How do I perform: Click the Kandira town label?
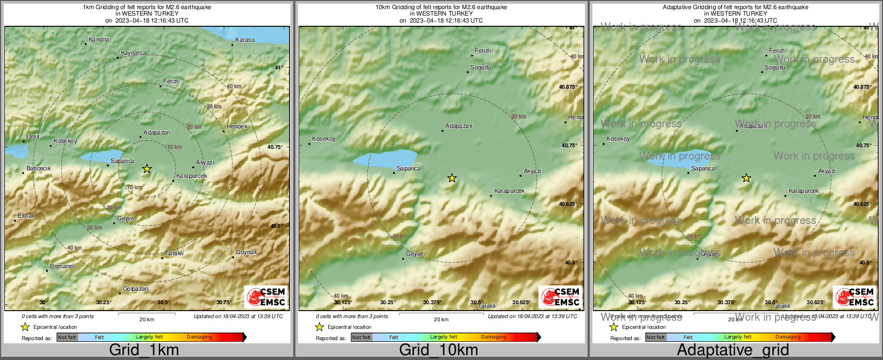99,39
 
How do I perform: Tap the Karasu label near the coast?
245,40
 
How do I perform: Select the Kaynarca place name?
133,53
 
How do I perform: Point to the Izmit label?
33,137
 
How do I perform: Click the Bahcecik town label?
39,169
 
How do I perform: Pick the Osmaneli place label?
62,267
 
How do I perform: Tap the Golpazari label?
136,289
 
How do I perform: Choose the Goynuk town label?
247,253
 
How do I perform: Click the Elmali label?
26,216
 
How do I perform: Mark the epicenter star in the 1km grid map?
147,169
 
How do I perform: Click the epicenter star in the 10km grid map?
452,178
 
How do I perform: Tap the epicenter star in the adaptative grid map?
747,178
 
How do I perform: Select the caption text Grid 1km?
144,350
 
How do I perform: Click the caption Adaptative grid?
733,350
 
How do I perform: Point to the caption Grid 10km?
438,350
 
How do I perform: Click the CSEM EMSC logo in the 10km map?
560,297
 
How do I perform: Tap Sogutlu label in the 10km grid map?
481,68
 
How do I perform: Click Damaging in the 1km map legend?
199,337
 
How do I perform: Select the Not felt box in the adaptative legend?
655,337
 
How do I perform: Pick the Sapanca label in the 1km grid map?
122,161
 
